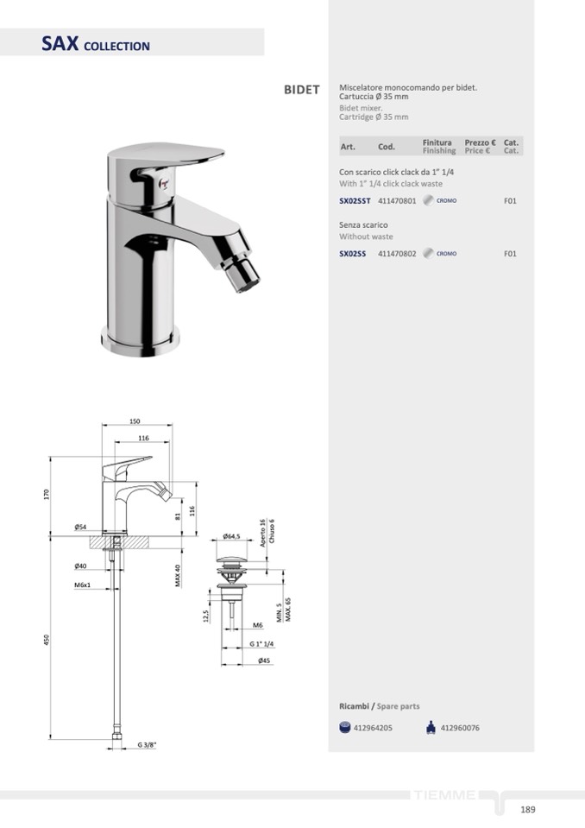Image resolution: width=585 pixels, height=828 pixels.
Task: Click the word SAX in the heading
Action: point(60,43)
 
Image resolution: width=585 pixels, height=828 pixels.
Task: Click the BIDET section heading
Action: point(302,90)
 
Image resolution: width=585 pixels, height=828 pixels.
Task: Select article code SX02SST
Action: point(355,201)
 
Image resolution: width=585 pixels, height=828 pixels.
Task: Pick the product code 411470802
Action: point(397,254)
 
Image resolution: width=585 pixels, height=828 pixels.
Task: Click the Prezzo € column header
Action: point(480,142)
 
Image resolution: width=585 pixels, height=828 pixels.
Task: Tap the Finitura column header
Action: point(437,142)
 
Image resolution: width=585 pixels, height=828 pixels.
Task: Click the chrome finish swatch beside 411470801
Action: point(428,200)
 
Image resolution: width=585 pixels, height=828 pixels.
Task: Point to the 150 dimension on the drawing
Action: point(135,421)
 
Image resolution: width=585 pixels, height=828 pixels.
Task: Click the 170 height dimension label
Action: point(47,494)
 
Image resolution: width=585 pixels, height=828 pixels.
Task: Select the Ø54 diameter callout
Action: point(81,527)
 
